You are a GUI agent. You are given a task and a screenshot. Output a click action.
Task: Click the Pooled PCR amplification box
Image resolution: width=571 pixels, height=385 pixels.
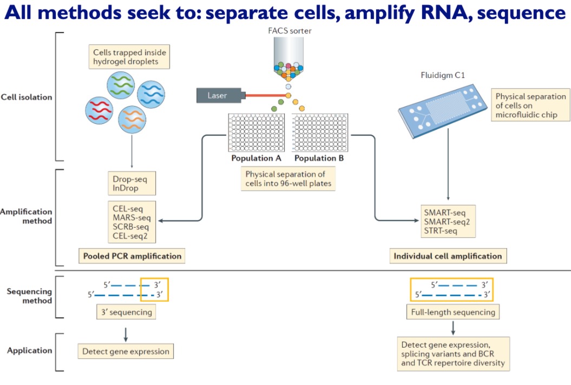pos(132,256)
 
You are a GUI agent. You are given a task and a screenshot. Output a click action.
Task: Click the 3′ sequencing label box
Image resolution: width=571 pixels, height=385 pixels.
pos(126,312)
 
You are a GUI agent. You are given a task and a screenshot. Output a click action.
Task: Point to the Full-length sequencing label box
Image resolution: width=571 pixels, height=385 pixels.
pos(452,312)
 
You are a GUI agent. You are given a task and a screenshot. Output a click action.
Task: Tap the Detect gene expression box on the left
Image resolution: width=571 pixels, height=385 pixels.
pos(126,351)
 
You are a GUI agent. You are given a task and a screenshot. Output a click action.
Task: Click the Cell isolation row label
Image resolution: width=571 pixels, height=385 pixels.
pos(27,97)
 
